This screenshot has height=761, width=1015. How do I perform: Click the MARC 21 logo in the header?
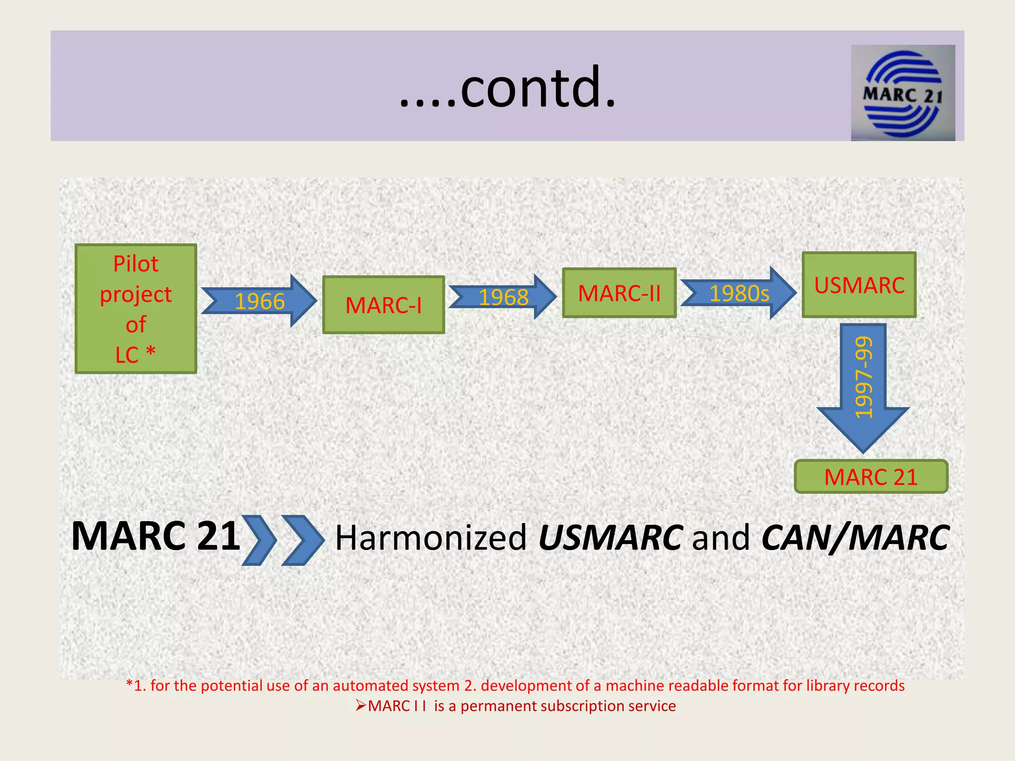pos(902,93)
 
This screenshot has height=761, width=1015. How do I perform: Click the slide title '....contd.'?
pos(507,87)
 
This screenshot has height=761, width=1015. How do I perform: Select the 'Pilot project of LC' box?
pos(136,309)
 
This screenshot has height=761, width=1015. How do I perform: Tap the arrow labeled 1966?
pos(259,301)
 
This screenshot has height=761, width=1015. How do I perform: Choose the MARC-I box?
pos(383,305)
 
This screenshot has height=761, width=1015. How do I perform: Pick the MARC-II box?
pos(619,293)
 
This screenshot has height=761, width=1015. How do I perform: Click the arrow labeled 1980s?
pos(738,293)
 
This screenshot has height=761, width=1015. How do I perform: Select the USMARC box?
pos(859,285)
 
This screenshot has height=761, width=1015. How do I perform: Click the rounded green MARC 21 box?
pos(871,477)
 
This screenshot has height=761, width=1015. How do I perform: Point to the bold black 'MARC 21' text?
pos(156,536)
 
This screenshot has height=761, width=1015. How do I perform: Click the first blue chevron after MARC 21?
pos(259,540)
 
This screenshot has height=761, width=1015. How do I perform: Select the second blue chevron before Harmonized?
pos(302,540)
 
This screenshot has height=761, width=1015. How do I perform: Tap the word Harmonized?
pos(431,538)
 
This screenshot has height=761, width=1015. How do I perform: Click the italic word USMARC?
pos(611,538)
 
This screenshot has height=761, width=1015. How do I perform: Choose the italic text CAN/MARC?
pos(855,538)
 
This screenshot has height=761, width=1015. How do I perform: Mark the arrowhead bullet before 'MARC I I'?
pos(361,706)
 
